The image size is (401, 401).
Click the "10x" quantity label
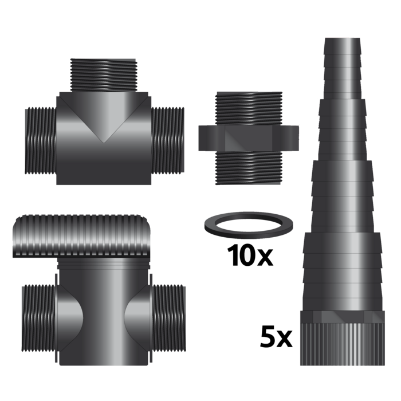click(x=250, y=255)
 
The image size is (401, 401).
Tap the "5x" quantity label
click(x=276, y=337)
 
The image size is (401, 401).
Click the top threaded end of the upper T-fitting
click(x=103, y=75)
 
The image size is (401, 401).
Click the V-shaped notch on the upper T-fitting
click(x=104, y=123)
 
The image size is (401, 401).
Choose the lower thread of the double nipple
click(x=249, y=167)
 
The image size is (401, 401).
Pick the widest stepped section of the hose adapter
click(x=342, y=269)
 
